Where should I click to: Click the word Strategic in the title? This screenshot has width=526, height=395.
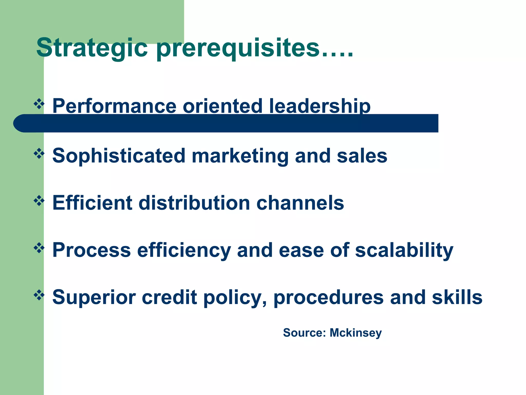coord(92,48)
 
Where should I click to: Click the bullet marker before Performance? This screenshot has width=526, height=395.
coord(39,104)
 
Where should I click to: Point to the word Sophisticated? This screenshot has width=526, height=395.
coord(119,156)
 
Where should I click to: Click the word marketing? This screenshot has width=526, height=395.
coord(240,156)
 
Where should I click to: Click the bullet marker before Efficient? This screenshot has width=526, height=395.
coord(39,201)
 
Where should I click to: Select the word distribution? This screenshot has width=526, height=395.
coord(194,203)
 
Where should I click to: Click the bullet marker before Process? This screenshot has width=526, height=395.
coord(39,248)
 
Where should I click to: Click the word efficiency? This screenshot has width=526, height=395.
coord(184,250)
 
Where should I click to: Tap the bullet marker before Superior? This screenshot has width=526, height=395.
coord(39,295)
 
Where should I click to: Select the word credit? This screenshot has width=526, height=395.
coord(169,297)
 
